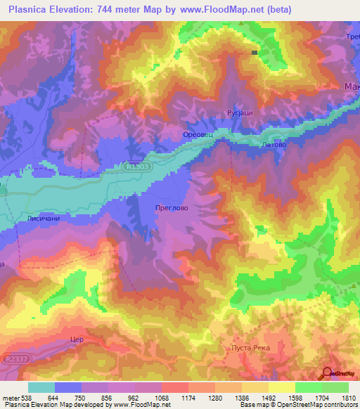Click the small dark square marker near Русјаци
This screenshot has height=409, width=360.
coord(255,52)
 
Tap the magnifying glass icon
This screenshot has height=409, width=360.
coord(326,374)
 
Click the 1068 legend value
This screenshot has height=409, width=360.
coord(161,398)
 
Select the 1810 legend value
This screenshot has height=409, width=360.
coord(348,398)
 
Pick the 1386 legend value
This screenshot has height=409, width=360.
coord(241,398)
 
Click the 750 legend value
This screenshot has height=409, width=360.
coord(81,398)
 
